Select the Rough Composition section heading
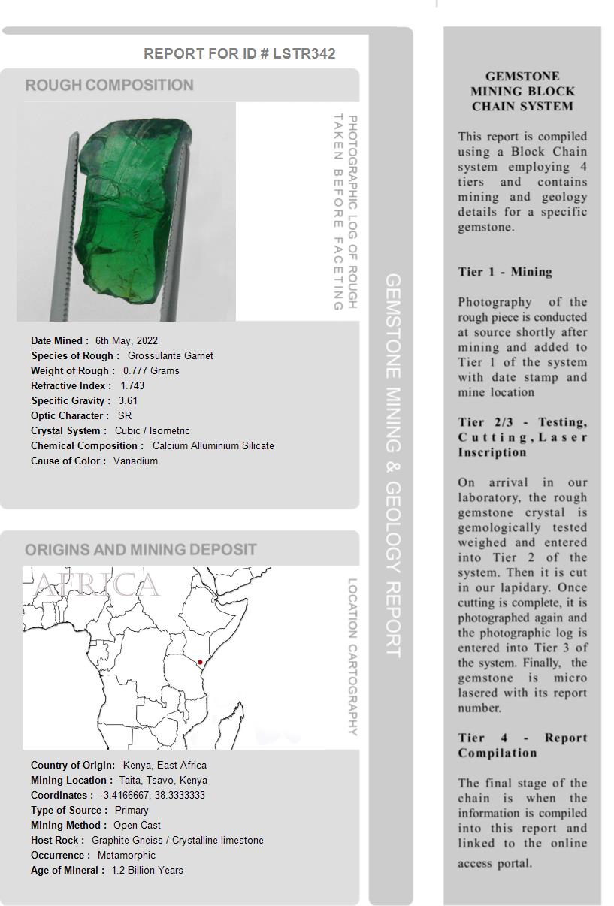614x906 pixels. point(110,85)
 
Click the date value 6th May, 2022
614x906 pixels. point(126,340)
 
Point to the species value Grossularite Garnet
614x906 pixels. point(170,355)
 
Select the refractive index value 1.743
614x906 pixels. point(132,385)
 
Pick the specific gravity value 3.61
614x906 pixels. point(128,400)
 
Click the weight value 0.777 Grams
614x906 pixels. point(151,370)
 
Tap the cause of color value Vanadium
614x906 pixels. point(135,461)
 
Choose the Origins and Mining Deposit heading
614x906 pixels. point(141,549)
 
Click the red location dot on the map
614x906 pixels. point(200,662)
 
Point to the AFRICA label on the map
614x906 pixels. point(96,584)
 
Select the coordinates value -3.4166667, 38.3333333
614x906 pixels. point(153,795)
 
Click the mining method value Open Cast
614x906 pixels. point(137,825)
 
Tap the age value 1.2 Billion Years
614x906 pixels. point(147,870)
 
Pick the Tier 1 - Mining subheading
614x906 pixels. point(505,272)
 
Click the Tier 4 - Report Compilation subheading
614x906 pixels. point(522,745)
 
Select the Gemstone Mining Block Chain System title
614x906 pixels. point(522,91)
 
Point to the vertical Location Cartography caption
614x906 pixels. point(352,657)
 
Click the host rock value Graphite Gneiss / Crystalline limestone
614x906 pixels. point(177,840)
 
